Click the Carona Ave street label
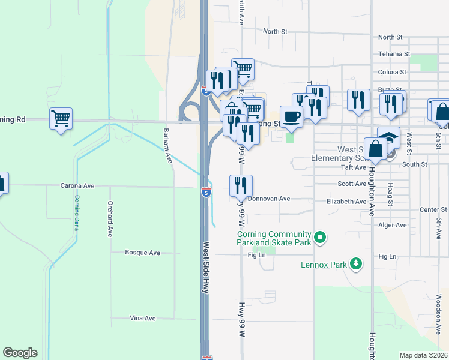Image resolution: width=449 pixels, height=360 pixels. (x=75, y=186)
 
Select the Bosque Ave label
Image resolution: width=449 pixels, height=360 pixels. (x=142, y=253)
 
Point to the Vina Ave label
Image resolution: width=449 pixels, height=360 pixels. (x=143, y=318)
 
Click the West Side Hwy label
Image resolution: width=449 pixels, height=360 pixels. (x=206, y=267)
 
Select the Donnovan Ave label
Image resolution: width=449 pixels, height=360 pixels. (x=269, y=199)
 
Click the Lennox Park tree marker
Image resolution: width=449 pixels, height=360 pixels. (x=356, y=263)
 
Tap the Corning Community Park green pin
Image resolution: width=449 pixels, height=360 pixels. (x=320, y=238)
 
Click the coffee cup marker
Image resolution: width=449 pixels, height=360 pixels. (x=291, y=116)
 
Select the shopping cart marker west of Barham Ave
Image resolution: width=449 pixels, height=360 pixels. (x=61, y=118)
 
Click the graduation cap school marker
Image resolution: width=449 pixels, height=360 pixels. (x=388, y=137)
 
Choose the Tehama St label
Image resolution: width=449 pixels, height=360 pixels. (x=394, y=54)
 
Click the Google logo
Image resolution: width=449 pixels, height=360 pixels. (x=20, y=353)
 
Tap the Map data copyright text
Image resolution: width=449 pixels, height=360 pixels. (x=423, y=355)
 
